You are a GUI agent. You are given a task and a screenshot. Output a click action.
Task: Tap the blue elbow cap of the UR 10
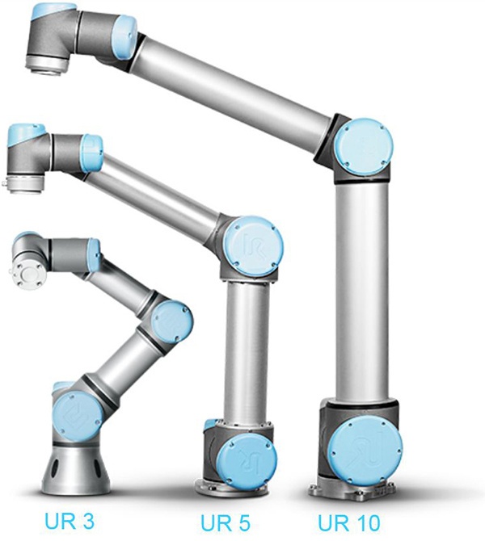click(x=364, y=148)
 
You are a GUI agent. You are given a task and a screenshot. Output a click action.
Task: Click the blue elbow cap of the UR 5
click(x=253, y=246)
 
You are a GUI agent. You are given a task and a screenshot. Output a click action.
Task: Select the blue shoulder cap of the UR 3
click(x=78, y=418)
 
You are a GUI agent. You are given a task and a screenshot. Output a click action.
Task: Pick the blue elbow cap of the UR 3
click(x=171, y=321)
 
